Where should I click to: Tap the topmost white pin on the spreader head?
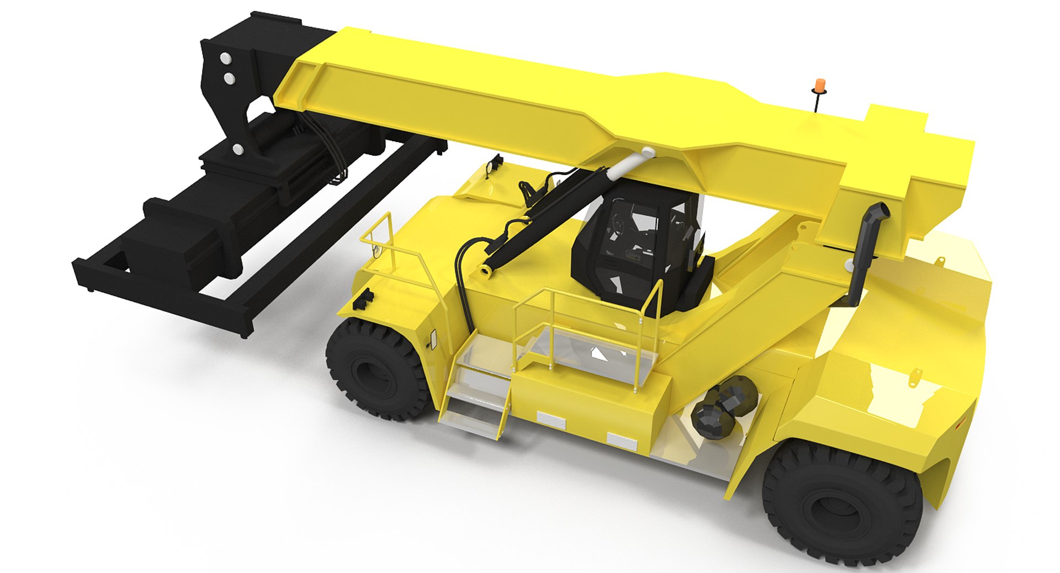(225, 57)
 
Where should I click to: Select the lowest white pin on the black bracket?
(238, 148)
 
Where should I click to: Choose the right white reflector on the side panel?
(622, 441)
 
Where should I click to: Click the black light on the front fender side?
(365, 299)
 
